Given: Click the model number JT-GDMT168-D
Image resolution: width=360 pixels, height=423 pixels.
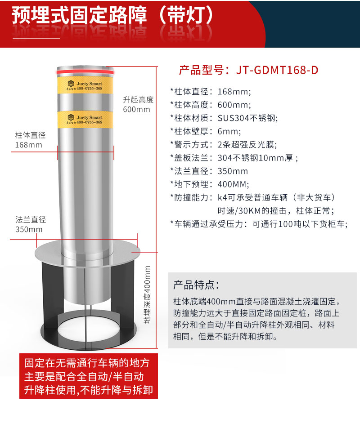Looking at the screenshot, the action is pos(277,70).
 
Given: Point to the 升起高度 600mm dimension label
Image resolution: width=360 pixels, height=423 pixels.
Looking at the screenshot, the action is pos(138,104).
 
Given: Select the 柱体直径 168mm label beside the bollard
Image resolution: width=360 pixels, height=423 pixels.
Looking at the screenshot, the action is pos(30,140).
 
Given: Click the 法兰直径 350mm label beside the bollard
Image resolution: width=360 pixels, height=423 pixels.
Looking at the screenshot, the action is pos(31,224).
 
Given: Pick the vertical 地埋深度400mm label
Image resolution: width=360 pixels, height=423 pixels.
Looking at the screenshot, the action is pos(147,294).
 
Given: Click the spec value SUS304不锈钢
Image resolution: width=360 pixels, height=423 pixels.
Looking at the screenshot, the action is pos(247,118).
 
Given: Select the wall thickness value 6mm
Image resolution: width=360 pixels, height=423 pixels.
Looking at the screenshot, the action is pos(229,131).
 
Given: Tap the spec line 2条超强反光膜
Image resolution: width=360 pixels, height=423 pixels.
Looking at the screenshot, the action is pos(247,145).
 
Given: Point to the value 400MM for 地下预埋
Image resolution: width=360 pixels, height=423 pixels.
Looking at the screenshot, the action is pos(233,184).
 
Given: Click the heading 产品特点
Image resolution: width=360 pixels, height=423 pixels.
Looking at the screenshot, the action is pos(196,285).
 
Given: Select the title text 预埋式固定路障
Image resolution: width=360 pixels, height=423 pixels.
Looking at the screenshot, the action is pos(79,15).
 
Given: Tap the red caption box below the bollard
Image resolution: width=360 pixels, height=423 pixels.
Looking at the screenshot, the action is pos(89,376).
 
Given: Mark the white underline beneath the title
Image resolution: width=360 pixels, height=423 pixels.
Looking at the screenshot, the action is pos(36,39).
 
